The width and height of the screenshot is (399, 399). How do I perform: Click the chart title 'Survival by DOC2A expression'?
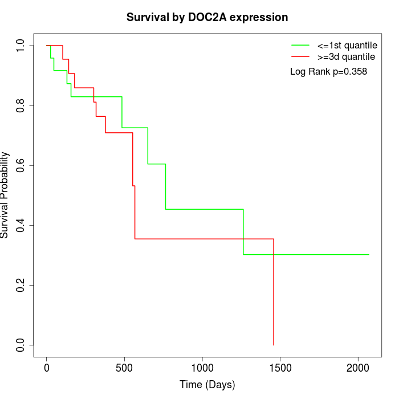click(207, 17)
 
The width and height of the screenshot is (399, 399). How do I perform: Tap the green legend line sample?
click(300, 44)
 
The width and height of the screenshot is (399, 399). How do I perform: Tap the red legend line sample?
click(300, 57)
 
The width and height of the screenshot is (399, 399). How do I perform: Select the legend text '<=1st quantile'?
click(347, 44)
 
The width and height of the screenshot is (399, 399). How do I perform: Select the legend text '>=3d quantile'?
click(347, 57)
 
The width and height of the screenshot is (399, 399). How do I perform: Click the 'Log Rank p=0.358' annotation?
click(328, 72)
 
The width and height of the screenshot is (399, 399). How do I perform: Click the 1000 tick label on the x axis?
click(202, 368)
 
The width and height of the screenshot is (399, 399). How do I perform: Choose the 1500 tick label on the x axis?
click(280, 368)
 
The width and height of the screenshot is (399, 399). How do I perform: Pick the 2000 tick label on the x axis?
click(358, 368)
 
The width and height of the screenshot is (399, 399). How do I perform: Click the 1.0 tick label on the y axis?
click(21, 46)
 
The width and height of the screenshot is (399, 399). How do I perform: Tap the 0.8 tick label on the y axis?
click(21, 105)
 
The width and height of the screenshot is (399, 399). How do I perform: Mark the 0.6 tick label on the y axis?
click(21, 165)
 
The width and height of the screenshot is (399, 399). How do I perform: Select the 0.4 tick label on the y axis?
click(21, 225)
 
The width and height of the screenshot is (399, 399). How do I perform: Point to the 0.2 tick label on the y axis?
click(21, 285)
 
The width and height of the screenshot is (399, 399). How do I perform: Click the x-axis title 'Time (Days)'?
click(207, 385)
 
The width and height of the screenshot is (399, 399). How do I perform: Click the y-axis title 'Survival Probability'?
click(6, 195)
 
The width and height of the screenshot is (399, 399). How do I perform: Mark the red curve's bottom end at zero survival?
click(274, 345)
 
